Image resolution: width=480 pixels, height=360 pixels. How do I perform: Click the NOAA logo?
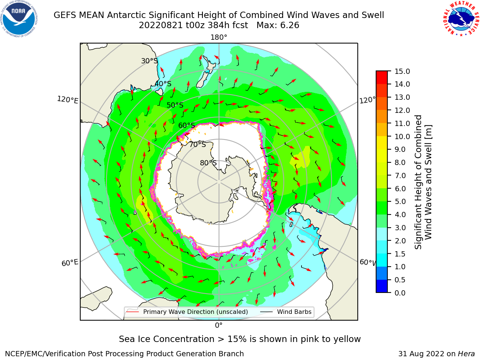click(19, 19)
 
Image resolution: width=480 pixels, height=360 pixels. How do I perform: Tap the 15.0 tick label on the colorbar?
click(402, 71)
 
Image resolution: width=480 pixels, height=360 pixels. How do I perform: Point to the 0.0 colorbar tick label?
click(400, 293)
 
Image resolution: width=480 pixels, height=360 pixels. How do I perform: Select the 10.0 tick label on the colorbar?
click(402, 136)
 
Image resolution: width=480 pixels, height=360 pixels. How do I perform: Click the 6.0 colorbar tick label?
click(400, 189)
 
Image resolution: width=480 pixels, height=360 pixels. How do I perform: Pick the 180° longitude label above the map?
click(219, 37)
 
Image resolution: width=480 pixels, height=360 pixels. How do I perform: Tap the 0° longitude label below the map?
click(219, 325)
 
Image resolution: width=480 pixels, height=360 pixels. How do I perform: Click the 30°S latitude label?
click(149, 61)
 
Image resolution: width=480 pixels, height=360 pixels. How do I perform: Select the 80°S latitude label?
click(208, 163)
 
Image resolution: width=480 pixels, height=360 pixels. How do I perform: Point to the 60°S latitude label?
click(186, 125)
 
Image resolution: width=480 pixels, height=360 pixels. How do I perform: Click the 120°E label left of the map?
click(67, 100)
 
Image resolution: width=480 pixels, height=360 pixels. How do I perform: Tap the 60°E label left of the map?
click(70, 263)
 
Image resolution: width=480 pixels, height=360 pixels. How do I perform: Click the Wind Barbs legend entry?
click(286, 312)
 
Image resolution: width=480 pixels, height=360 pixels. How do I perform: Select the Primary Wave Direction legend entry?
click(187, 312)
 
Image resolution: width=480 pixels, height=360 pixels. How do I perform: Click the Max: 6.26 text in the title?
click(278, 25)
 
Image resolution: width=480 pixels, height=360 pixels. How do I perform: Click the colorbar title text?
click(423, 182)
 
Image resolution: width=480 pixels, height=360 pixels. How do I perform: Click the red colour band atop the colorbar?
click(382, 77)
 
